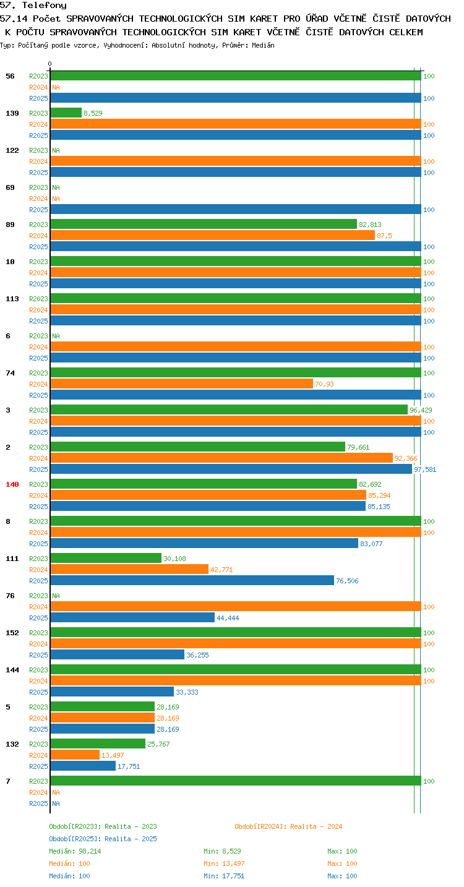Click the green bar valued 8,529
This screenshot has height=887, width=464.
click(x=66, y=113)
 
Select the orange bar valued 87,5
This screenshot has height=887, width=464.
click(x=213, y=235)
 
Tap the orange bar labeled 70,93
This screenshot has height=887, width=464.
click(x=182, y=384)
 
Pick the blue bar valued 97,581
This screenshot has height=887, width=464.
click(x=231, y=469)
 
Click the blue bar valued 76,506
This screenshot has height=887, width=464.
click(x=192, y=581)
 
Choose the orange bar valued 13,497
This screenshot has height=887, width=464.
click(x=75, y=755)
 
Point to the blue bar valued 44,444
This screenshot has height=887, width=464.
click(x=132, y=618)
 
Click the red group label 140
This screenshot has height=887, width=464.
click(x=12, y=484)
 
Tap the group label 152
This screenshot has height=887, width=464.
click(x=12, y=633)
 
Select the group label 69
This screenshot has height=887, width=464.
click(x=10, y=187)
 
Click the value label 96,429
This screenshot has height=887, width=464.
click(x=421, y=410)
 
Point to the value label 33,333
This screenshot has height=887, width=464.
click(x=187, y=692)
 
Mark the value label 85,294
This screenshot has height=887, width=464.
click(x=379, y=495)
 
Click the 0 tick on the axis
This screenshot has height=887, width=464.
click(x=50, y=64)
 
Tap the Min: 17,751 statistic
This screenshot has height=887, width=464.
click(x=224, y=876)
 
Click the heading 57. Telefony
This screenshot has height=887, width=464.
click(x=33, y=5)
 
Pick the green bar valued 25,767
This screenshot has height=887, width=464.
click(x=98, y=743)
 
